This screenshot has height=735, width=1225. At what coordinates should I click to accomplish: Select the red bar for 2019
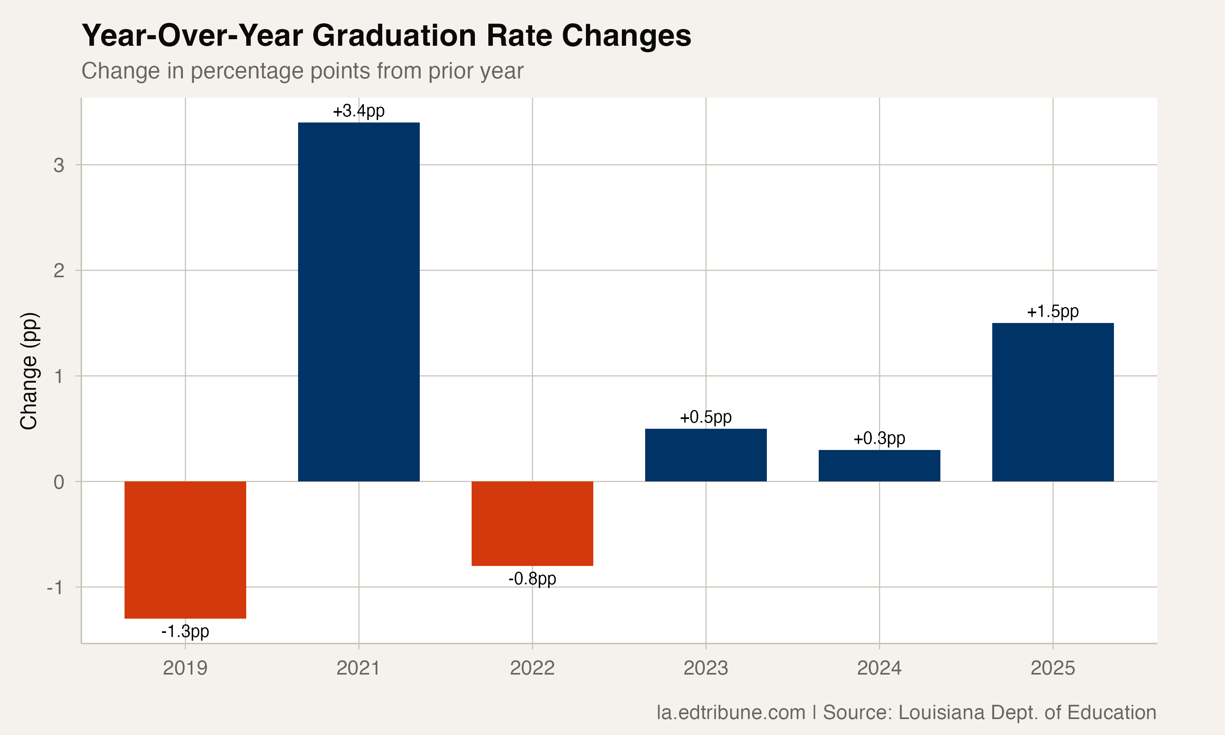coord(185,549)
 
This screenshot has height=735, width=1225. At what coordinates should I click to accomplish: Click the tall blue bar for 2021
coord(359,302)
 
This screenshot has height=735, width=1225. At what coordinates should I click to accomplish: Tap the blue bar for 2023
coord(706,454)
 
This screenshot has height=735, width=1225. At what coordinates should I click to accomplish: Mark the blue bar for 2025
coord(1053,402)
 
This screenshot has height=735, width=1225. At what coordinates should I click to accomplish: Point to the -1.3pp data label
coord(185,631)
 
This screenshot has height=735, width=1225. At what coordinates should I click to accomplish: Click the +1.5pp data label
coord(1053,312)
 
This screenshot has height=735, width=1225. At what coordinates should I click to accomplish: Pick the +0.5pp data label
coord(706,417)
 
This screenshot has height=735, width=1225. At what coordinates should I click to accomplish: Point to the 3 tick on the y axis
coord(59,165)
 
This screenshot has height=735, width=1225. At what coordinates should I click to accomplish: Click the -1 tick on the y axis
coord(55,588)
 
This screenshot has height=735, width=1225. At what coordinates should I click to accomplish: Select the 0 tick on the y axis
coord(59,482)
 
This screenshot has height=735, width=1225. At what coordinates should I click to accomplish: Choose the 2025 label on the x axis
coord(1053,668)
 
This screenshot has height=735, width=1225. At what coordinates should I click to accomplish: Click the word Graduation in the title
coord(394,36)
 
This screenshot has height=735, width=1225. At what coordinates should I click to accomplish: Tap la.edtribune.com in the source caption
coord(731,712)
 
